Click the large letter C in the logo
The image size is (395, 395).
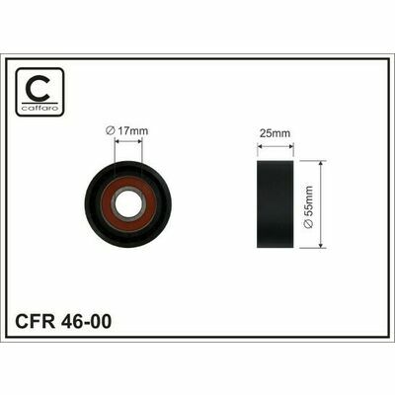[39, 88]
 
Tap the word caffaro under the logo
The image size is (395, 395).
[39, 108]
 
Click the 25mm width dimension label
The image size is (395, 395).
[275, 133]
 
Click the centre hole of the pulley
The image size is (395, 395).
[128, 203]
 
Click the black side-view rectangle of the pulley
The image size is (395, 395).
[275, 204]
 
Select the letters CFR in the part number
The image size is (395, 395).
[36, 321]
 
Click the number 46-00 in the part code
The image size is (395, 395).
[86, 321]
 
